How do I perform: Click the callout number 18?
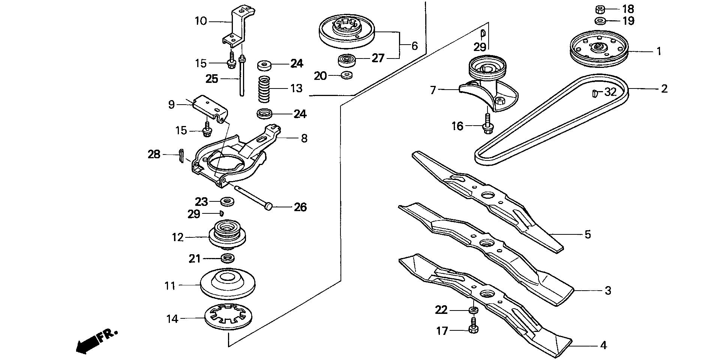tap(628, 9)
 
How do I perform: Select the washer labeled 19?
tap(600, 20)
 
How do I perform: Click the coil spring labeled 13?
tap(265, 88)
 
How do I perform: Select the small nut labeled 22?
tap(473, 310)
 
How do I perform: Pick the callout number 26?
tap(300, 207)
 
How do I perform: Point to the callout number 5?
tap(587, 235)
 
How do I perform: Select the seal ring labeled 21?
tap(227, 258)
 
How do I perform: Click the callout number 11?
tap(170, 286)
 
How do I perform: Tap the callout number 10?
tap(201, 21)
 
